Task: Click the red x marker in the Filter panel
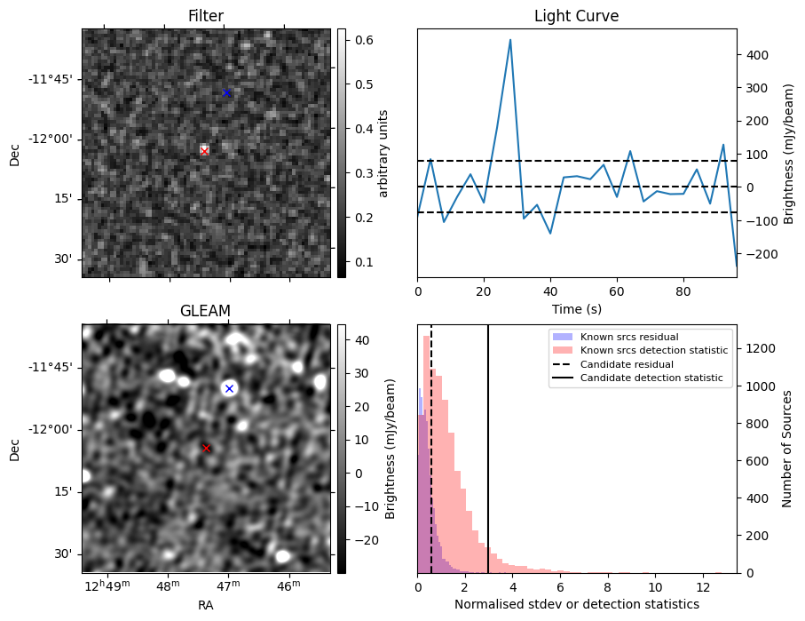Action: click(205, 151)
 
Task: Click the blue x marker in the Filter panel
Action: click(226, 93)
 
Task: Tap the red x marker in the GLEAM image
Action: click(207, 449)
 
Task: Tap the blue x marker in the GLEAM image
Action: click(229, 388)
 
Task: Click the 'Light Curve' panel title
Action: click(576, 16)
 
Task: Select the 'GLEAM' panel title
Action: click(205, 310)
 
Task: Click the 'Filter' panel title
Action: click(206, 16)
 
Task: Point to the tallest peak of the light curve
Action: click(510, 40)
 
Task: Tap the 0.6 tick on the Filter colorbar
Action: click(364, 40)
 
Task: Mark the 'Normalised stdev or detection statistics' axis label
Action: click(576, 604)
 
